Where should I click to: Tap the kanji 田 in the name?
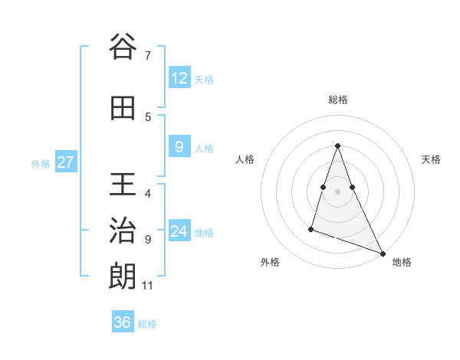[123, 109]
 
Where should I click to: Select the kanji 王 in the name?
[123, 186]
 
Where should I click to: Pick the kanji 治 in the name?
[123, 231]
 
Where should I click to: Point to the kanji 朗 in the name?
[123, 276]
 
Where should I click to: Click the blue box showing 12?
[179, 78]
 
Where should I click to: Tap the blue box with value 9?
[179, 147]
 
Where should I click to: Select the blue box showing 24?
[179, 231]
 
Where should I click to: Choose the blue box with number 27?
[66, 162]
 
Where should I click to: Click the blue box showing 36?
[123, 322]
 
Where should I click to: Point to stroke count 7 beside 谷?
[148, 56]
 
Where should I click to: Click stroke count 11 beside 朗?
[148, 286]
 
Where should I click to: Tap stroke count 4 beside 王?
[148, 194]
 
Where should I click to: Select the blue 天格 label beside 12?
[204, 80]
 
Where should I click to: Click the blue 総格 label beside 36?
[147, 324]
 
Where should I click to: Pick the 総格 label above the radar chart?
[338, 100]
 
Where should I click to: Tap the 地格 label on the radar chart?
[402, 262]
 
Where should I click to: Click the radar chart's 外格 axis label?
[270, 262]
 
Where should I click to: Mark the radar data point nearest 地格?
[383, 254]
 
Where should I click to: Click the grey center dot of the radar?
[338, 190]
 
